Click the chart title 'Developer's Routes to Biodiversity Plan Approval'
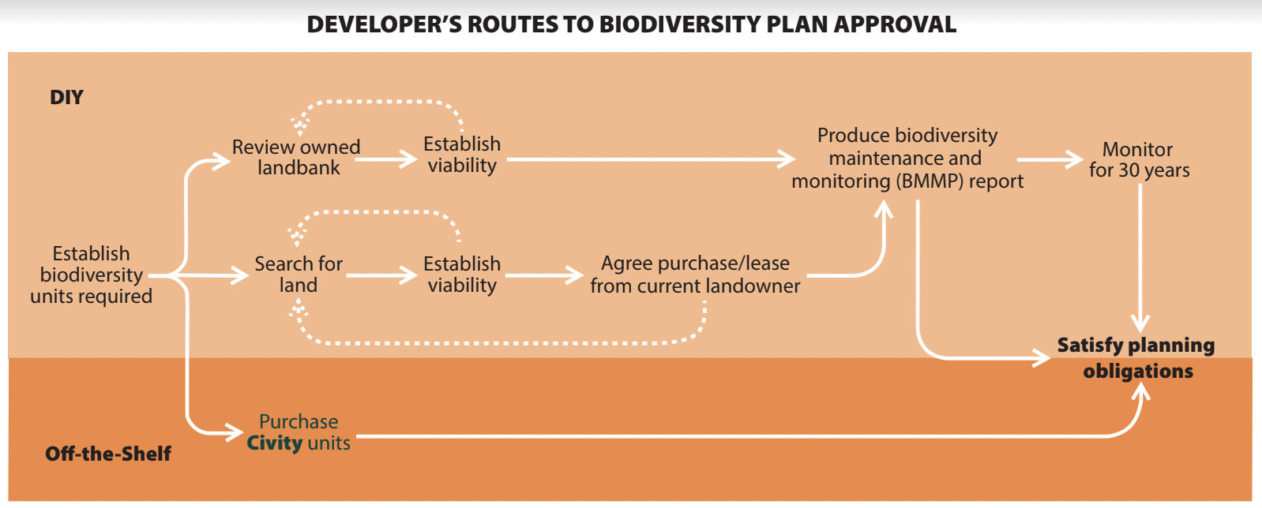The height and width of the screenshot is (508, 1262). [631, 24]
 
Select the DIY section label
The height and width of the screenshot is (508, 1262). [66, 98]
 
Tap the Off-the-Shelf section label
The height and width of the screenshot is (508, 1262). [108, 454]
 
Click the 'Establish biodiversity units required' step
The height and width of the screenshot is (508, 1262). [91, 275]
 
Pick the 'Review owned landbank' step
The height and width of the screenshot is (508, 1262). [296, 157]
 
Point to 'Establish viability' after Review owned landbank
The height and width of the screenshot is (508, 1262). [462, 155]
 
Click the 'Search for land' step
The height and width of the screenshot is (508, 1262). [299, 274]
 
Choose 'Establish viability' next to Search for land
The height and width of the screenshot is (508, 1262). [462, 274]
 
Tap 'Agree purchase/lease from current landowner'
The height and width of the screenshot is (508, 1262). [695, 274]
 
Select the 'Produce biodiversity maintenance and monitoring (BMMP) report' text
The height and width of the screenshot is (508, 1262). [907, 159]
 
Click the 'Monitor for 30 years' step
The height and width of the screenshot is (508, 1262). [1138, 159]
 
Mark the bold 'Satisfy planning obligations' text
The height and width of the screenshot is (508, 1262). [1136, 357]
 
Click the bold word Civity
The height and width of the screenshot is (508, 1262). [274, 443]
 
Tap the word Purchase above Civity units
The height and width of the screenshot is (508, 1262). [299, 421]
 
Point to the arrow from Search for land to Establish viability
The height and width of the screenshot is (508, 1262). [381, 275]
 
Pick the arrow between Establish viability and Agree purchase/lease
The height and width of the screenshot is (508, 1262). [544, 275]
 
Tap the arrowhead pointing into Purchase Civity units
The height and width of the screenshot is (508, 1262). [234, 432]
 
